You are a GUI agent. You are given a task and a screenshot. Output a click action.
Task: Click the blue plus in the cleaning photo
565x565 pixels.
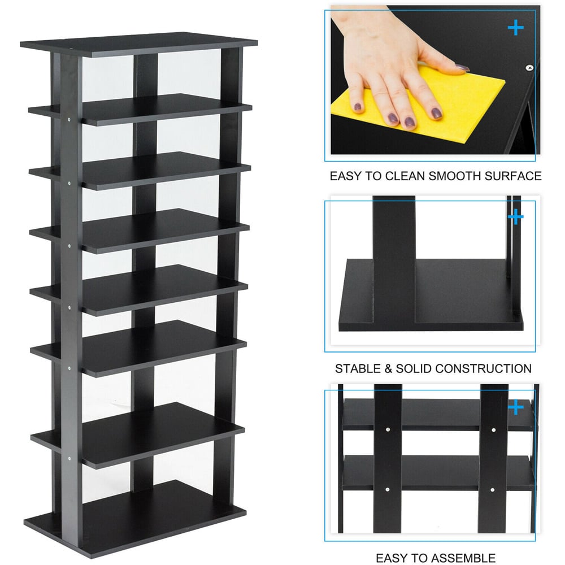[x=516, y=28]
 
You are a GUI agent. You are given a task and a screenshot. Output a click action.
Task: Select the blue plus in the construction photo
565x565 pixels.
[x=516, y=217]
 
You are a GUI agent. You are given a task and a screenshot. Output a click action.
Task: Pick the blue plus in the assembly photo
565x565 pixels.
[x=516, y=407]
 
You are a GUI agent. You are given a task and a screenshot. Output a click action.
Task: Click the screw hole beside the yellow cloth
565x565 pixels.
[x=529, y=67]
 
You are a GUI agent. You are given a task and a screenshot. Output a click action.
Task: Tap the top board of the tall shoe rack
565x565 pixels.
[x=139, y=44]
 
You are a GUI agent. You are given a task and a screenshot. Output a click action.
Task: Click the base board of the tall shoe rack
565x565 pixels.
[x=135, y=519]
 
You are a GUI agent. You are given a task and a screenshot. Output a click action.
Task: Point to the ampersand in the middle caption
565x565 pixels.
[x=388, y=368]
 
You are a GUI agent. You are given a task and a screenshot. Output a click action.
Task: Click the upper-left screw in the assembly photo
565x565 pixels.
[x=388, y=429]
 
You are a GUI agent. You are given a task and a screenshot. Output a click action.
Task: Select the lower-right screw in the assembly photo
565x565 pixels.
[x=492, y=490]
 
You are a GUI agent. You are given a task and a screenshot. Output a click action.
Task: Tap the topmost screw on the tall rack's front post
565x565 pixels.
[x=69, y=119]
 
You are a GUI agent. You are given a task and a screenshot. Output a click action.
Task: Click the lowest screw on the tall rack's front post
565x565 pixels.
[x=68, y=459]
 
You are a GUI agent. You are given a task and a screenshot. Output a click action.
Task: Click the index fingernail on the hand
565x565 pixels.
[x=436, y=113]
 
